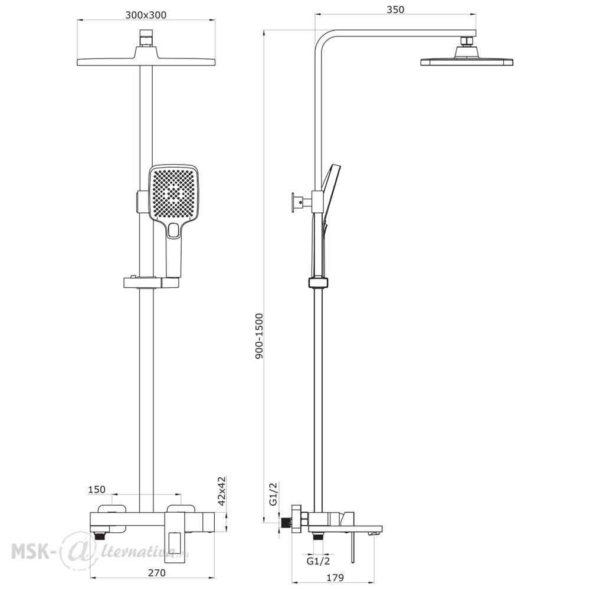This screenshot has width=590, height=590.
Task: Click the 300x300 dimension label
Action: (x=146, y=15)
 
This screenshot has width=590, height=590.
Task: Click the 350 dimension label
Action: (x=395, y=9)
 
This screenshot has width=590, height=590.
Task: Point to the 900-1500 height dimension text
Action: (x=259, y=336)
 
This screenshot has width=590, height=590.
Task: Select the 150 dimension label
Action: (x=97, y=490)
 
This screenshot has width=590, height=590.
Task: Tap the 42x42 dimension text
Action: (x=221, y=491)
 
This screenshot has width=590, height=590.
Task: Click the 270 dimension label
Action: (x=156, y=573)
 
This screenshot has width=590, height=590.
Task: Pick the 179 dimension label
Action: (x=335, y=577)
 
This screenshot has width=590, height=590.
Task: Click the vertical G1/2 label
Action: (x=273, y=494)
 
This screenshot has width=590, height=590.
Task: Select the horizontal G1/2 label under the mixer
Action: (x=319, y=561)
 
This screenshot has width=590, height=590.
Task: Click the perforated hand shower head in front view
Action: (x=174, y=193)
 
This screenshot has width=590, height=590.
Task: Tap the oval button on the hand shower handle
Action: (x=174, y=230)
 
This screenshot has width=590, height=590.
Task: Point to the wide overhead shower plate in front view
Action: (x=146, y=61)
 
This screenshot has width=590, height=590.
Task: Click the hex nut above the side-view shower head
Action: (x=467, y=41)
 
